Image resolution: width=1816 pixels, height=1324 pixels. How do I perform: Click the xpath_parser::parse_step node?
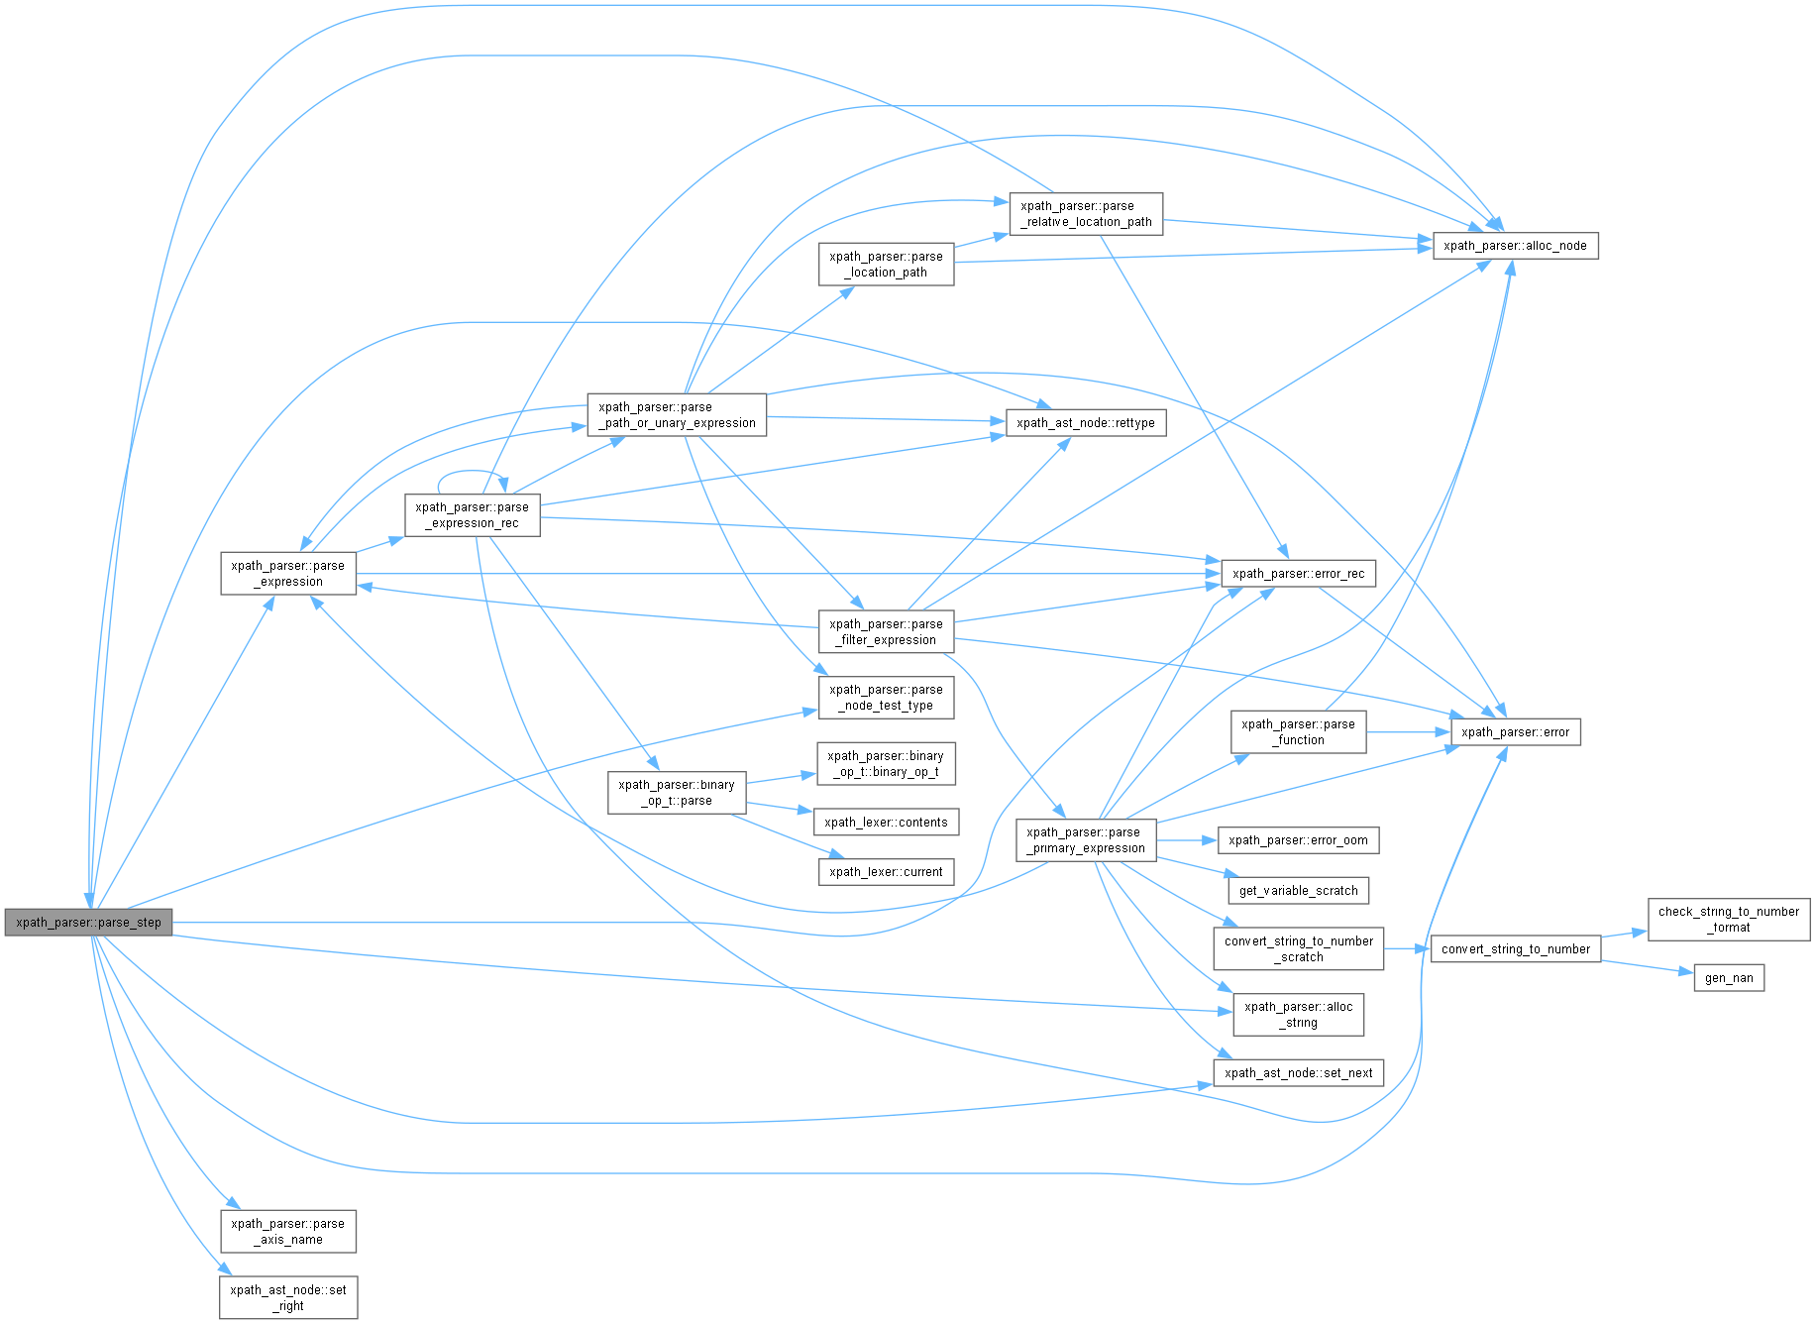point(88,922)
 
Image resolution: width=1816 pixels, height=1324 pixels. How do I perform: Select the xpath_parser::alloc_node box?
point(1515,246)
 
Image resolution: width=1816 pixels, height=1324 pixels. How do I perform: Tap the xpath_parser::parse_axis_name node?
point(287,1231)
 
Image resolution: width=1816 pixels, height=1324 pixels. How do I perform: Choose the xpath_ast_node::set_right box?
point(287,1297)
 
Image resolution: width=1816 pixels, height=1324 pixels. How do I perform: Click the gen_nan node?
point(1729,978)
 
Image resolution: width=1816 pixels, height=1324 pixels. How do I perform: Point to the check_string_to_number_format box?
point(1728,920)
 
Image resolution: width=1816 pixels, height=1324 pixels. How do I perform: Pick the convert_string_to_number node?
point(1515,949)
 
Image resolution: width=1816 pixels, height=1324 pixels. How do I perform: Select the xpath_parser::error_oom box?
point(1298,840)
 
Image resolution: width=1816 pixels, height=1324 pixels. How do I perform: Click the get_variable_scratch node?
point(1298,891)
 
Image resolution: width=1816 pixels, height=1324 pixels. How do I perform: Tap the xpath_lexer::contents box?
point(886,823)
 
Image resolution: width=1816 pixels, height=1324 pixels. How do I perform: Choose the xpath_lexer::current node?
point(886,872)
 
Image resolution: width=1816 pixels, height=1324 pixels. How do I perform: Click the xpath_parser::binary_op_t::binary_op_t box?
point(886,764)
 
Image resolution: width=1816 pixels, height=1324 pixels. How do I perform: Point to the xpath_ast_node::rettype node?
point(1085,423)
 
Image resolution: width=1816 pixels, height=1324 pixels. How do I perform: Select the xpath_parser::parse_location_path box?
point(886,265)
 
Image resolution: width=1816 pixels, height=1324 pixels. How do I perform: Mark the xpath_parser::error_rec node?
point(1298,574)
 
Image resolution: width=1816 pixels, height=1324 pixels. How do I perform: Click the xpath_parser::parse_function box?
point(1298,732)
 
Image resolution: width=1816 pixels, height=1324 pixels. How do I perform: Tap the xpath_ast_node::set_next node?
point(1298,1073)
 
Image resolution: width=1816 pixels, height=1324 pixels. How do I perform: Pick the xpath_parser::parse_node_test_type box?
point(886,698)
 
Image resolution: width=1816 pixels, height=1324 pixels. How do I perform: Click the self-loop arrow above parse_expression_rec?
point(473,473)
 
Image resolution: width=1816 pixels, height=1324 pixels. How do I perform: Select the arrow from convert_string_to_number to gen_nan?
point(1647,967)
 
